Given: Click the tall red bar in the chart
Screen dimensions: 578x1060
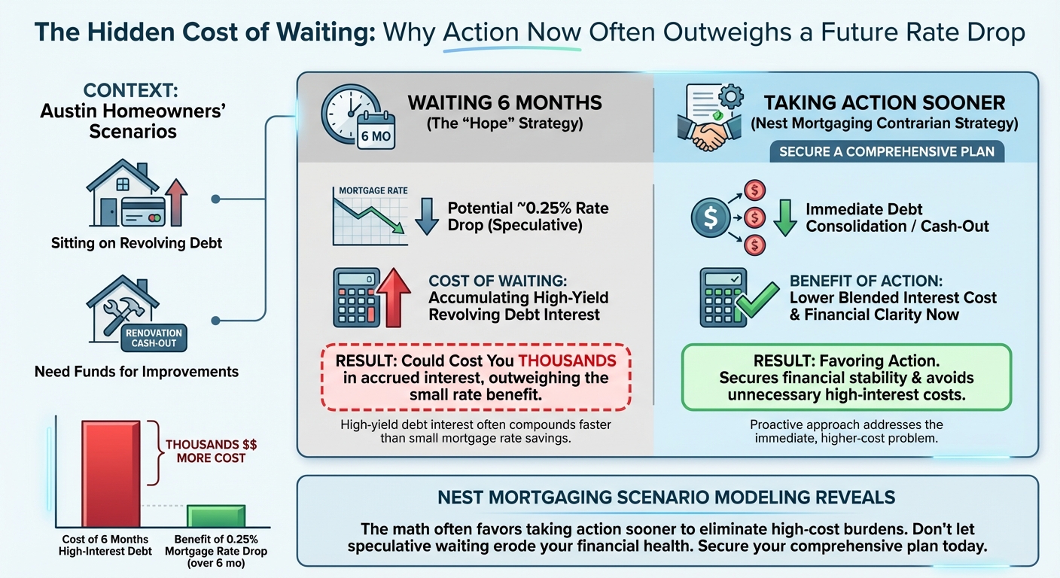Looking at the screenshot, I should (x=111, y=474).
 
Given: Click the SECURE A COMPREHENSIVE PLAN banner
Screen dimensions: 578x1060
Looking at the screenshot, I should (x=887, y=151).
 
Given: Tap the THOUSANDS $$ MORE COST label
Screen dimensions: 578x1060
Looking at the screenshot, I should (x=206, y=451).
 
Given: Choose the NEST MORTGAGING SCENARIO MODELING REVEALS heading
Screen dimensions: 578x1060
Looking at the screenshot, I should (x=666, y=497).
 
